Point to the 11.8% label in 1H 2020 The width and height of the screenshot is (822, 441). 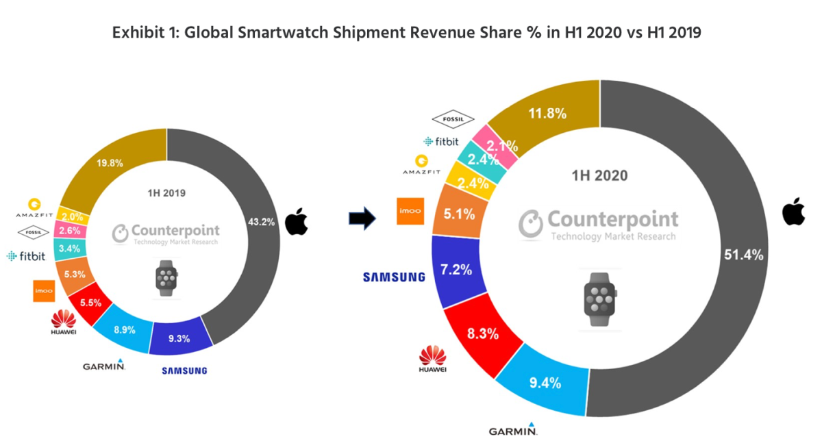(547, 113)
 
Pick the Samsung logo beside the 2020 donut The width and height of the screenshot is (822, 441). (394, 277)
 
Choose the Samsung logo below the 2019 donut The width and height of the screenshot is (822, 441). (184, 371)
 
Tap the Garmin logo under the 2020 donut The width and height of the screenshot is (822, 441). (513, 430)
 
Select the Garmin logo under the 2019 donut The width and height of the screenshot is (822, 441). (104, 365)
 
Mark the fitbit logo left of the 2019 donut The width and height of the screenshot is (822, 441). (26, 256)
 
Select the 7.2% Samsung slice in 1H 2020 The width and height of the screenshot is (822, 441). (457, 269)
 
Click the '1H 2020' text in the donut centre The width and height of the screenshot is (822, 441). (600, 176)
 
